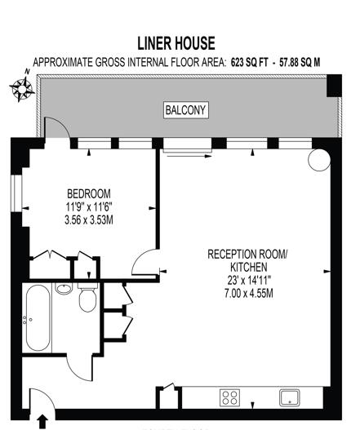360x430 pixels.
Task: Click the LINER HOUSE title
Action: point(176,43)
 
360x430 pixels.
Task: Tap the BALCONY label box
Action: point(186,110)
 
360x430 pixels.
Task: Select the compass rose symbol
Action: point(23,88)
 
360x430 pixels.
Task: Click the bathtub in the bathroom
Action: point(38,318)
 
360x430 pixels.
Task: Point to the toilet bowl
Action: point(87,299)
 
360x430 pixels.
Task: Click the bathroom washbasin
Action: point(64,288)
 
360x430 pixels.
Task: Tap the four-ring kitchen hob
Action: point(229,398)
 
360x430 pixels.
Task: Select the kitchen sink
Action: point(290,397)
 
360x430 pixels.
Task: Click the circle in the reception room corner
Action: point(319,161)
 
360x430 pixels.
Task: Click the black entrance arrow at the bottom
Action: point(42,421)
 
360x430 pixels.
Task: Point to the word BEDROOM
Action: point(89,194)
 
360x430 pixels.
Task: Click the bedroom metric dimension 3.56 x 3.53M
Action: point(89,220)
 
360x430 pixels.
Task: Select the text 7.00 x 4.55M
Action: point(249,294)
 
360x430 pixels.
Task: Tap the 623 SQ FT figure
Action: point(249,63)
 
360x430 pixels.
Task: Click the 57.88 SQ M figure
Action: point(300,63)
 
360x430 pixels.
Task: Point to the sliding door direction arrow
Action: point(189,156)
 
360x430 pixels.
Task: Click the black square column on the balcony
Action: point(334,86)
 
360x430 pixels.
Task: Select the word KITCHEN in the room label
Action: point(249,267)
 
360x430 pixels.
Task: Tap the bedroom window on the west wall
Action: point(16,193)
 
